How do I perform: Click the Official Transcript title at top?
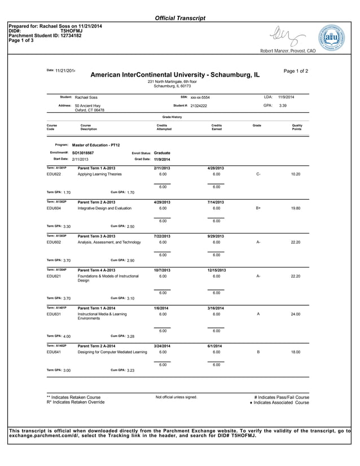[180, 18]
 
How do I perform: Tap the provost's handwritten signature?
[288, 37]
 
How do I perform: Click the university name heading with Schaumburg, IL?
[175, 75]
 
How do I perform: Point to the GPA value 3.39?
[283, 105]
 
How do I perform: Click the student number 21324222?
[199, 106]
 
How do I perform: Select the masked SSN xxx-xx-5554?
[200, 98]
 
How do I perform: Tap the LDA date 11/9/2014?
[286, 97]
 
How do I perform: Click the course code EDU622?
[54, 174]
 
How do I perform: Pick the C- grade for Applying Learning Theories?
[258, 174]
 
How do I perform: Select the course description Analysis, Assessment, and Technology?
[109, 242]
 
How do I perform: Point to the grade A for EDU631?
[258, 314]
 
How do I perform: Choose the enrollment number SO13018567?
[83, 153]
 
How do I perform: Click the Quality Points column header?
[297, 127]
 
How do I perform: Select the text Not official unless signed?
[176, 397]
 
